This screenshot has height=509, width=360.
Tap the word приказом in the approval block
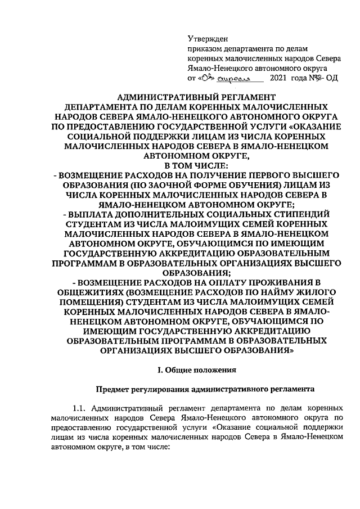pyautogui.click(x=204, y=49)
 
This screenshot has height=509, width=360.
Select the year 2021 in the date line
pyautogui.click(x=281, y=78)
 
